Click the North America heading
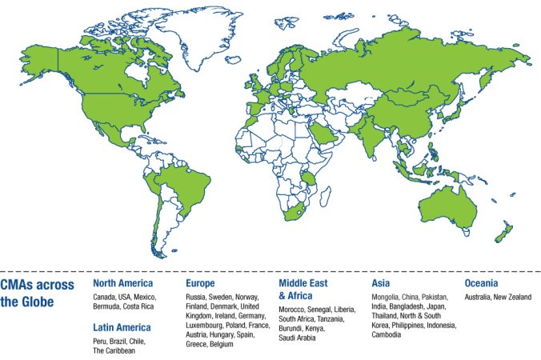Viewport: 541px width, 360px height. tap(122, 283)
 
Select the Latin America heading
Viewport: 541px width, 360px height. tap(122, 327)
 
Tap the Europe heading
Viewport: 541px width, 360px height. tap(200, 283)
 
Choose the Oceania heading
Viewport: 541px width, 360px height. tap(482, 283)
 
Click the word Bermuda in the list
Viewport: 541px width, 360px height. tap(108, 306)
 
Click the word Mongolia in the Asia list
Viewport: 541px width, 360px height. tap(389, 298)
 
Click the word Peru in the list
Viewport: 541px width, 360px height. tap(101, 341)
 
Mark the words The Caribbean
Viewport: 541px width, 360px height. tap(115, 350)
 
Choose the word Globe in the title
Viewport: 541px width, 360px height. tap(38, 302)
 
